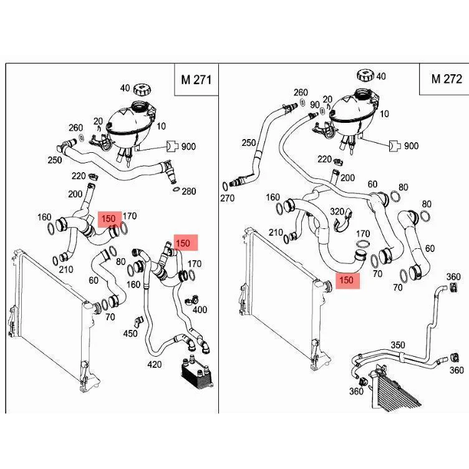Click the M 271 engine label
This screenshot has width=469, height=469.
[196, 80]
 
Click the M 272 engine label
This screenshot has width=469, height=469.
[447, 79]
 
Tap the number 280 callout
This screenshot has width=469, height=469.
[189, 191]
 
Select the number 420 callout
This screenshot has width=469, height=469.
[154, 364]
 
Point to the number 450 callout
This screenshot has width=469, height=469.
[130, 333]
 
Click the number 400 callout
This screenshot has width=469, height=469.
[200, 309]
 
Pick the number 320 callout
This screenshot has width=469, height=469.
[337, 211]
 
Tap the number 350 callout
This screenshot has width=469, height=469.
[398, 345]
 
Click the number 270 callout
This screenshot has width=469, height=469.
[227, 198]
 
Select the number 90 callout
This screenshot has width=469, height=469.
[315, 105]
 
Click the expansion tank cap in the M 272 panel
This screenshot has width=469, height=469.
[365, 75]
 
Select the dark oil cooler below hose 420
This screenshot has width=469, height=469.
[197, 372]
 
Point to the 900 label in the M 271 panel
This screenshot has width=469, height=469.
[188, 147]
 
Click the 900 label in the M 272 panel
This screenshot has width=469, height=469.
[411, 146]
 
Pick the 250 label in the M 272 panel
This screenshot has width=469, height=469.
[249, 143]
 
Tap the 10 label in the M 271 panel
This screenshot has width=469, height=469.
[161, 126]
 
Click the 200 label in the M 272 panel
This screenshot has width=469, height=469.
[347, 178]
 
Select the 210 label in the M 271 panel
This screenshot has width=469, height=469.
[66, 269]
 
